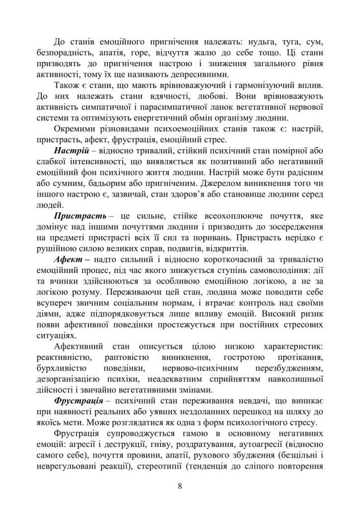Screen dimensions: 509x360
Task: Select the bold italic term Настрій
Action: click(x=71, y=152)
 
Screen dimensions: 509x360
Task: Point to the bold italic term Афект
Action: click(x=69, y=261)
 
